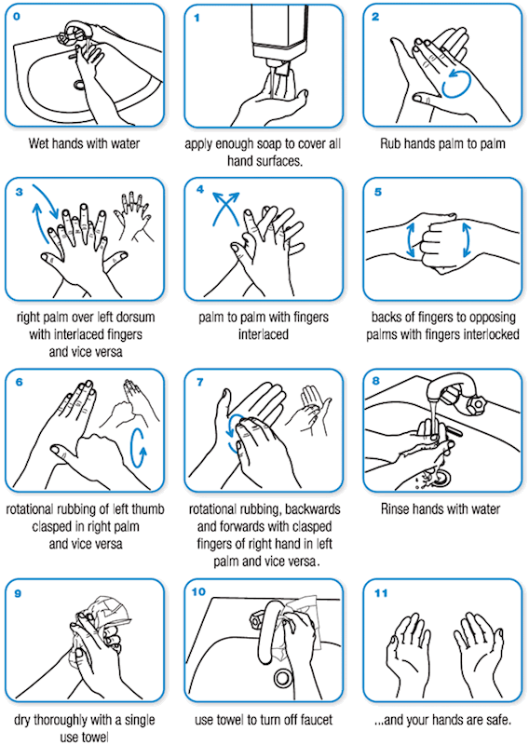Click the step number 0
17,17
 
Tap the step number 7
199,382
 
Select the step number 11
381,593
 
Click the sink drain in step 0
79,85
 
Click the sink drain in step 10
283,679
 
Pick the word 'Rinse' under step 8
394,509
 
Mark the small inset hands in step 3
134,215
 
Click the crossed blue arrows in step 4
225,208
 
